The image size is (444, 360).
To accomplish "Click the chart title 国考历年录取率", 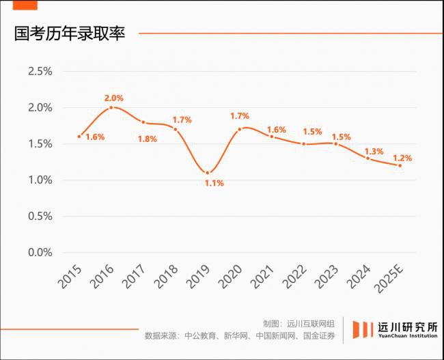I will coord(70,33).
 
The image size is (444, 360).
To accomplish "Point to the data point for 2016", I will coord(111,107).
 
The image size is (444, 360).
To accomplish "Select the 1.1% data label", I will coord(214,183).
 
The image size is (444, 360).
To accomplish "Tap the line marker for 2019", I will coord(208,172).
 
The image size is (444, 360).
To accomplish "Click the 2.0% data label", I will coord(113,98).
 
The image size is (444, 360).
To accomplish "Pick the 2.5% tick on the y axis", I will coord(40,72).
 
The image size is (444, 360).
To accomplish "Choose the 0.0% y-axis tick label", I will coord(40,253).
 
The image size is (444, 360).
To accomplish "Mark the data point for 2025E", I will coord(400,165).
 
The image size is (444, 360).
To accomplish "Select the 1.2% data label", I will coord(402,158).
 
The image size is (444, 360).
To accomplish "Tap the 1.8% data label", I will coord(147,139).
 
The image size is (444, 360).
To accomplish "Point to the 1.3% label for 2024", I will coord(374,152).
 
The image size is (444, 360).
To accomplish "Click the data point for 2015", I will coord(79,137).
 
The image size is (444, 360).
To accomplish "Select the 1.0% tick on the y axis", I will coord(40,180).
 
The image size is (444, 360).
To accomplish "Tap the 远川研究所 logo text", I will coord(408,327).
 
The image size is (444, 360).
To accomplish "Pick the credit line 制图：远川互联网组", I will coord(299,323).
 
